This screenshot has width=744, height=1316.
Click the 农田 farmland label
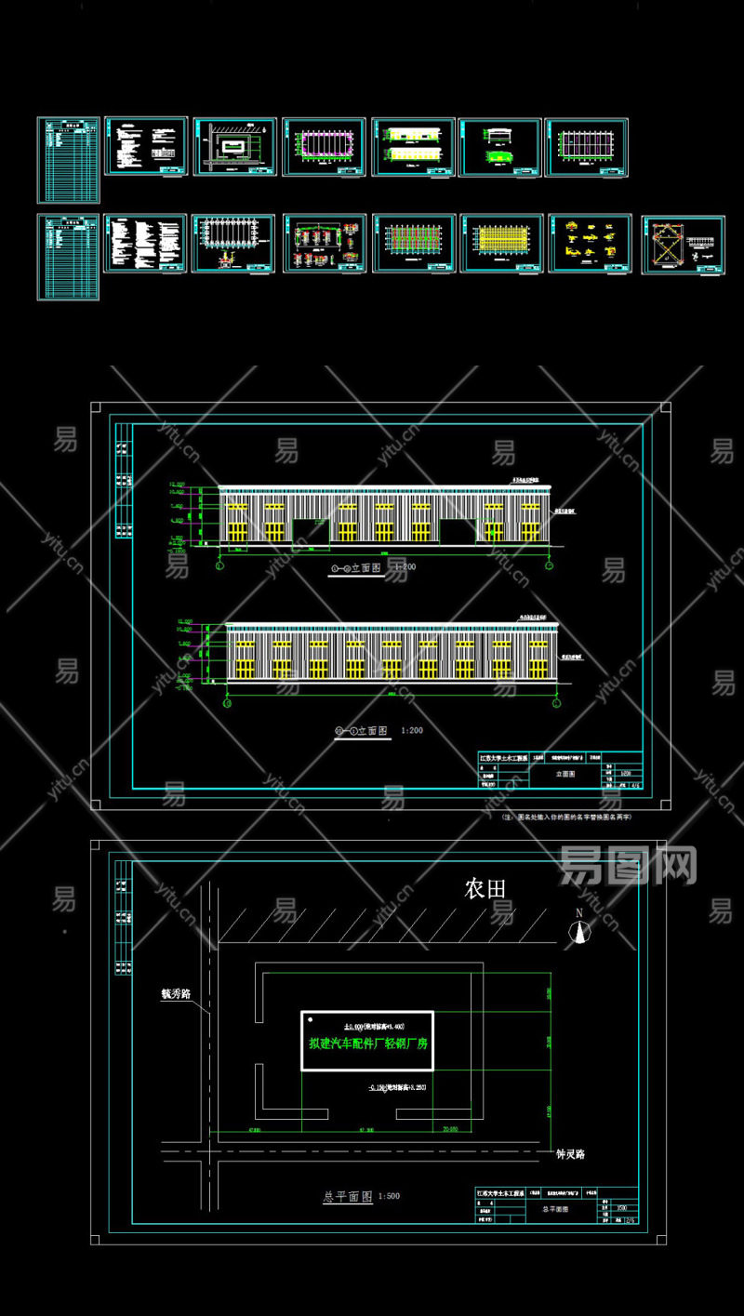coord(485,888)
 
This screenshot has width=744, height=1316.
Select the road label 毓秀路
coord(176,993)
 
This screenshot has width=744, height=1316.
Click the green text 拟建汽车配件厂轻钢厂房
coord(368,1043)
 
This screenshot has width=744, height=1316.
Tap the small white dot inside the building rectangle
coord(310,1021)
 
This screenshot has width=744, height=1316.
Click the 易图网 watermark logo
coord(628,866)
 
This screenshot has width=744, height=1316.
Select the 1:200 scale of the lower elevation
coord(411,731)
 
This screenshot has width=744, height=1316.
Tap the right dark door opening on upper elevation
coord(458,531)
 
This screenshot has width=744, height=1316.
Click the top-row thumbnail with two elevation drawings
coord(413,146)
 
